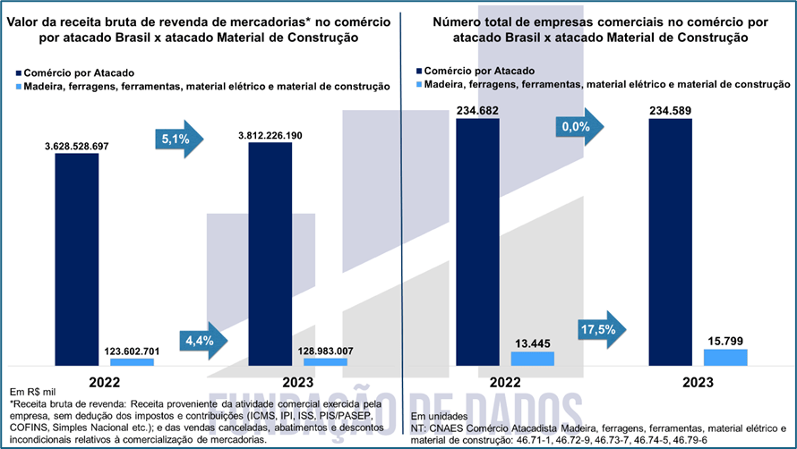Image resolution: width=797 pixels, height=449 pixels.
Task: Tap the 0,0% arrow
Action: (579, 127)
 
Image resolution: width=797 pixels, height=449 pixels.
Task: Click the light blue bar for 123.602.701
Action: (133, 362)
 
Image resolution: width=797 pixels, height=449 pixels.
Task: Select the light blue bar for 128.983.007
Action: (325, 362)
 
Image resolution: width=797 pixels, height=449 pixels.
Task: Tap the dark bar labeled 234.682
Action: (477, 241)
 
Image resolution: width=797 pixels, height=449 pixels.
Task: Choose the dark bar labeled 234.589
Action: (670, 241)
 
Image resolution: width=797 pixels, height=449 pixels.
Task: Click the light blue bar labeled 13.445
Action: (533, 358)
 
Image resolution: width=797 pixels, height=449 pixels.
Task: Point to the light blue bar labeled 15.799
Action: (725, 357)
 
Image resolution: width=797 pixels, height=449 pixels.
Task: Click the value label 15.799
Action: (724, 341)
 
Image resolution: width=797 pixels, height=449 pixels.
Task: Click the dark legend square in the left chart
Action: (18, 72)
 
